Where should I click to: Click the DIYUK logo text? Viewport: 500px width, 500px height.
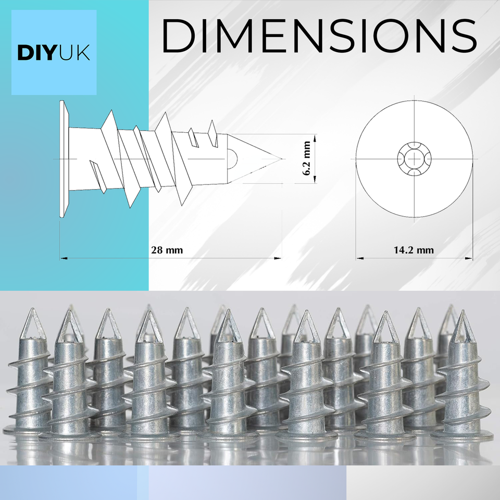click(x=54, y=53)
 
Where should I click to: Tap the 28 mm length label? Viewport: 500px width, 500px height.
click(x=167, y=250)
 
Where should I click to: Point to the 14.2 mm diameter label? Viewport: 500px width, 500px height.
click(x=414, y=250)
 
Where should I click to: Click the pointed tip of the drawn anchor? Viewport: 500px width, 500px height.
click(x=282, y=158)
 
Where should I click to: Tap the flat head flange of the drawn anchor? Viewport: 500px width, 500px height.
click(x=64, y=159)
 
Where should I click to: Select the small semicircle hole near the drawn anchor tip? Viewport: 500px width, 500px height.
click(x=233, y=156)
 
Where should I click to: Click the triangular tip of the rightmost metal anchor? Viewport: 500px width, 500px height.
click(x=461, y=328)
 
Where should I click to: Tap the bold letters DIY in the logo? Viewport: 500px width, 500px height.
click(x=36, y=53)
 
